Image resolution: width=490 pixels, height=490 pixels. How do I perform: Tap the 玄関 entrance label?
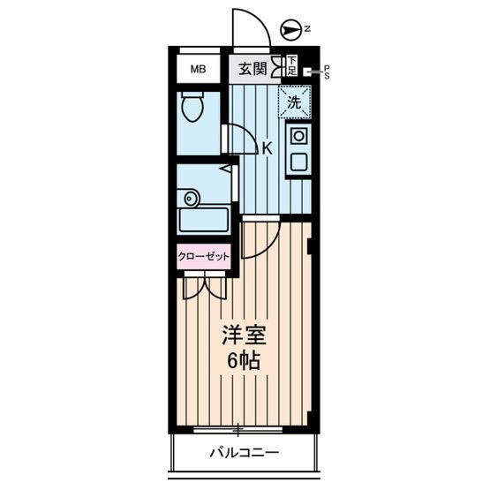pyautogui.click(x=251, y=69)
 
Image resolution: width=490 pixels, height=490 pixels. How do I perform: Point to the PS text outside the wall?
pyautogui.click(x=326, y=71)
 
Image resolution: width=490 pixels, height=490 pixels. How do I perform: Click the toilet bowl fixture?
pyautogui.click(x=191, y=108)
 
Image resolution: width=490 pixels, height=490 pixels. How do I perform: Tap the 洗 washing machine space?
pyautogui.click(x=296, y=102)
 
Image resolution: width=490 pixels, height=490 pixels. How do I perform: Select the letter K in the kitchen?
pyautogui.click(x=266, y=148)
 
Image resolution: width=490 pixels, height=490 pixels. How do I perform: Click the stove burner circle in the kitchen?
pyautogui.click(x=298, y=136)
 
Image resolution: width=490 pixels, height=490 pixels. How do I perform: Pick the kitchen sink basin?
pyautogui.click(x=298, y=162)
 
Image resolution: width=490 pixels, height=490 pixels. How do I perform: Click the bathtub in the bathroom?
pyautogui.click(x=203, y=221)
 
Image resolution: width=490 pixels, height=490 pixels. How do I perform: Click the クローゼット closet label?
pyautogui.click(x=203, y=257)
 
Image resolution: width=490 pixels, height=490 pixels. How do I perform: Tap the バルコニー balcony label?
pyautogui.click(x=244, y=453)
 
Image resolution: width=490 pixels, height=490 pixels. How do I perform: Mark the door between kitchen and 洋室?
pyautogui.click(x=260, y=238)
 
